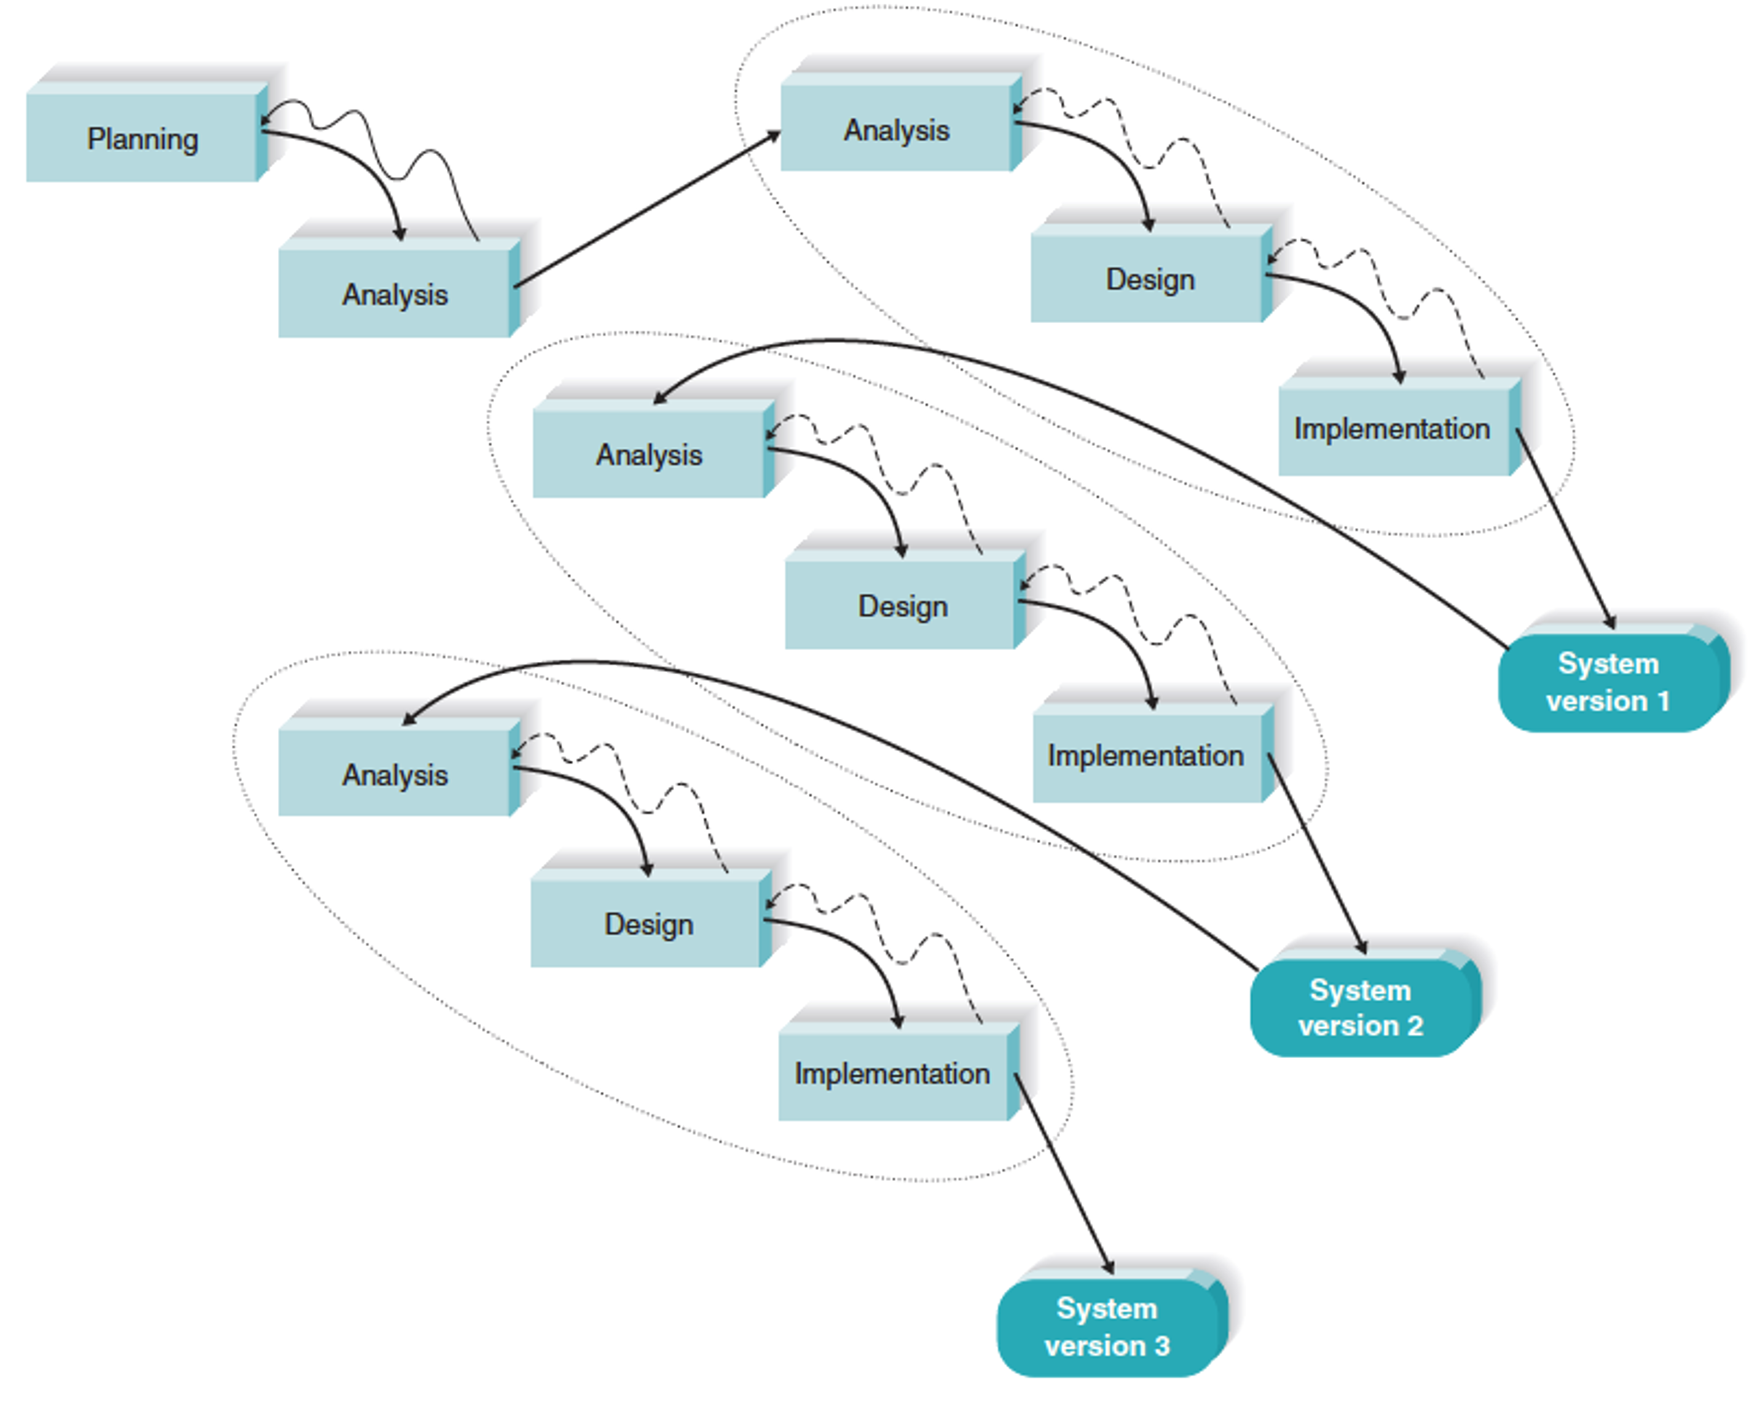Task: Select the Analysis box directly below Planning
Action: [395, 293]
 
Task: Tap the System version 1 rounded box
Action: [1608, 682]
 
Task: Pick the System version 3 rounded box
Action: [1106, 1327]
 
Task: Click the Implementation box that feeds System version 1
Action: [1392, 428]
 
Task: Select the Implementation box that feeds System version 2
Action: [1146, 756]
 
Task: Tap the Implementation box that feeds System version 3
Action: [892, 1074]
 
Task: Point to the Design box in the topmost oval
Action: [1150, 279]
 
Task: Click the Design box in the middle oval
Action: [902, 606]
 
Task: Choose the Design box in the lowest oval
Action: [648, 924]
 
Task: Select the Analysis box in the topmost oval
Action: [897, 129]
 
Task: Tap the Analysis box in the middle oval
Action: [648, 454]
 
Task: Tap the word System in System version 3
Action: [1106, 1308]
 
